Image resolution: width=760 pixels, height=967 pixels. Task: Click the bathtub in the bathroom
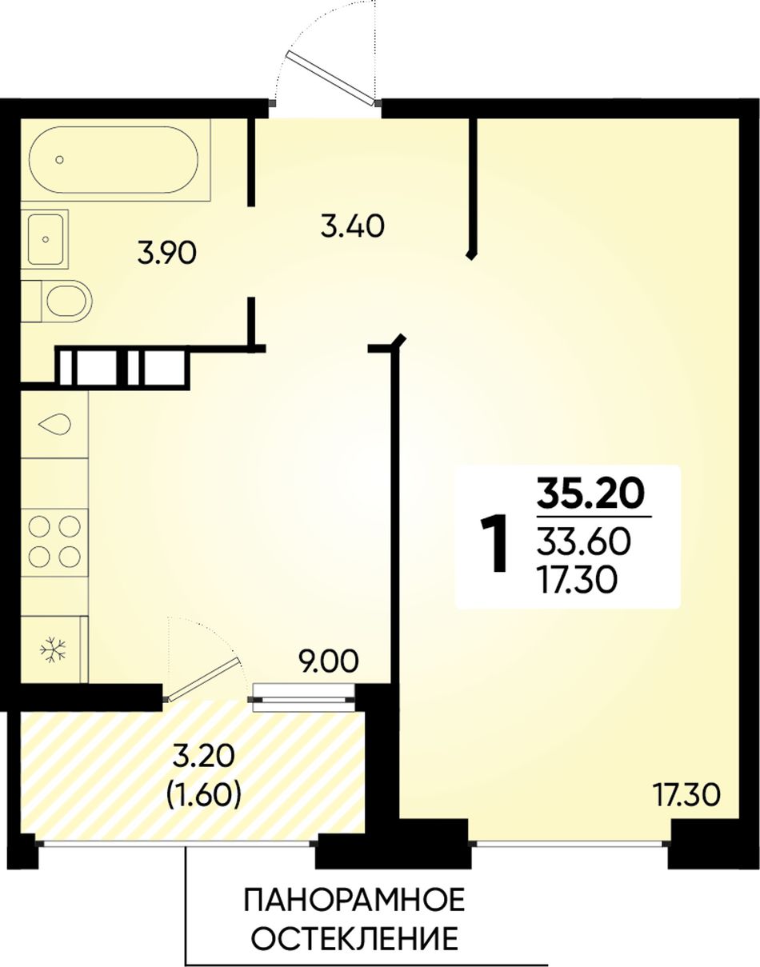tap(114, 160)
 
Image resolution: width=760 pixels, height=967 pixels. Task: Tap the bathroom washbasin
tap(45, 239)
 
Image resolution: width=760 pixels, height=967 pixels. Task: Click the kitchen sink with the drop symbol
tap(54, 425)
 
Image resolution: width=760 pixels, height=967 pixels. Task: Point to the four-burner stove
tap(54, 542)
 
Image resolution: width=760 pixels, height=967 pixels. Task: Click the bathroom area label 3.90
tap(167, 255)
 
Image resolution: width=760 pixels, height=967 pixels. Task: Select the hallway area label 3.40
tap(353, 227)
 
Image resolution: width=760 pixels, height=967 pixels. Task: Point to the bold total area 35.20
tap(591, 494)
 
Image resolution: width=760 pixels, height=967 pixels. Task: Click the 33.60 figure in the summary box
tap(584, 543)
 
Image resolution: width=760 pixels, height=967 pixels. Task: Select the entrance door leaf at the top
tap(331, 77)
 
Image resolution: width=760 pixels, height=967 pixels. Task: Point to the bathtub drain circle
tap(60, 160)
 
